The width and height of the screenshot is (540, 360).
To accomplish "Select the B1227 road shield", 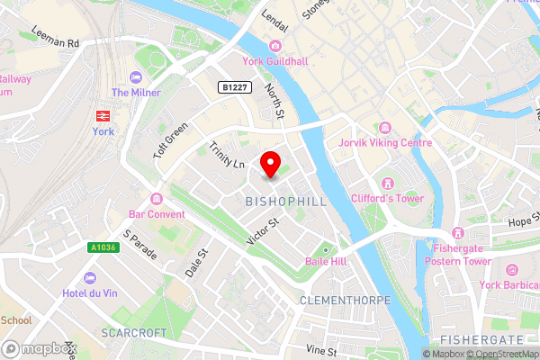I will point(233,86).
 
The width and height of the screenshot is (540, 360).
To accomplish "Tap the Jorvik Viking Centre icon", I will point(385,127).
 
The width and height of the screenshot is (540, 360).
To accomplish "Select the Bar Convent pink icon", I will point(157,199).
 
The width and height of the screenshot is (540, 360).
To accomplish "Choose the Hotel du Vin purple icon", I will point(89,277).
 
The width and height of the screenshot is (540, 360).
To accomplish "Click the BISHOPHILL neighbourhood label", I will point(285,202).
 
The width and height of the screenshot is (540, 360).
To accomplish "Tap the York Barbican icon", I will point(512,270).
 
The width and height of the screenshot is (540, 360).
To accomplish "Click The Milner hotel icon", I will point(135,77).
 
